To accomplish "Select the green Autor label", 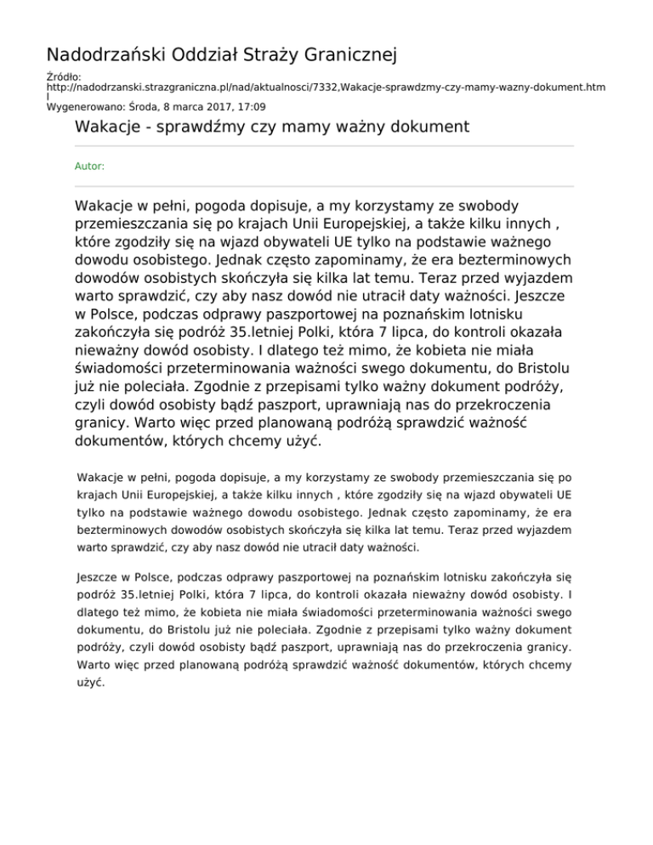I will pyautogui.click(x=89, y=167).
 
